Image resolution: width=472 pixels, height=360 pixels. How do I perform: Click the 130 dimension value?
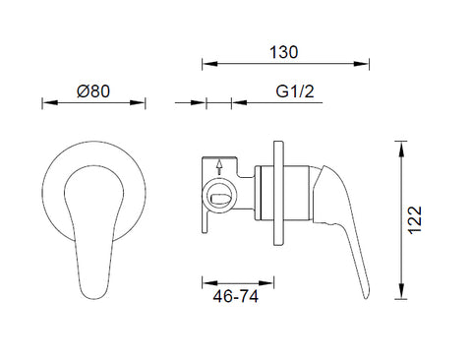tap(283, 52)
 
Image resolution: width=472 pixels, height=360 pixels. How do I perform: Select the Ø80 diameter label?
tap(93, 91)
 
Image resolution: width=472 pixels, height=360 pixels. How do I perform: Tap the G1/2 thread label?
tap(295, 91)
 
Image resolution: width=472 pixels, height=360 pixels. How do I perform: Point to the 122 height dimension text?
tap(415, 219)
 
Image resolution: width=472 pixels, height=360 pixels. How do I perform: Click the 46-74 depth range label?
tap(236, 297)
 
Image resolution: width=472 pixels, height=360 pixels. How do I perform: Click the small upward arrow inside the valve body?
tap(219, 167)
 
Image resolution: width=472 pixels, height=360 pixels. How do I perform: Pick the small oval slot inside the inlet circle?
tap(219, 199)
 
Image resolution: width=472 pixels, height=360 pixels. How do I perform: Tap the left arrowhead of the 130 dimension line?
tap(209, 64)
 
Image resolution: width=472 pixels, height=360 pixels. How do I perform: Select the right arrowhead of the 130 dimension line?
tap(361, 64)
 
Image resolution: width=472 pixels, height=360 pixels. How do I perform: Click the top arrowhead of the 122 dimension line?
tap(400, 150)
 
